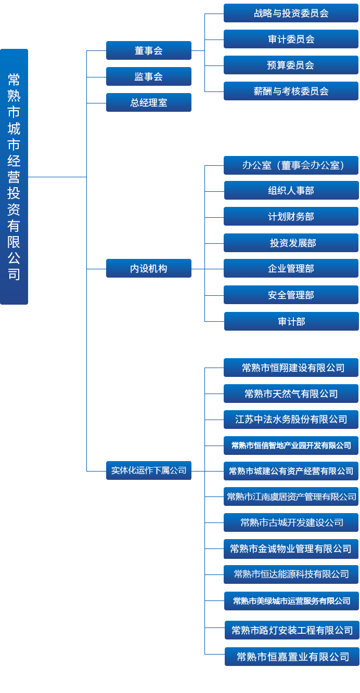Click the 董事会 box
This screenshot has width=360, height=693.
coord(149,50)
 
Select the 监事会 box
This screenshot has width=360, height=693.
coord(149,76)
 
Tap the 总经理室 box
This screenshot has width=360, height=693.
coord(149,102)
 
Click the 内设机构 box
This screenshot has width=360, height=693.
coord(149,268)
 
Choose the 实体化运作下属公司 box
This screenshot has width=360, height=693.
coord(149,470)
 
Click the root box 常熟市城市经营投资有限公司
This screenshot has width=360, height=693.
coord(14,177)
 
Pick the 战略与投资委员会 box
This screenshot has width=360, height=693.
coord(291,13)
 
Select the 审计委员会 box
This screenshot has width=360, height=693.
coord(291,39)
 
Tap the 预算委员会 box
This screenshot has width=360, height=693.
coord(291,65)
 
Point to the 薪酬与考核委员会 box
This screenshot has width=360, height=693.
coord(291,91)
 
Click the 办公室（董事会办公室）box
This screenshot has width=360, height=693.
coord(291,165)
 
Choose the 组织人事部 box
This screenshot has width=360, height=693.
coord(291,190)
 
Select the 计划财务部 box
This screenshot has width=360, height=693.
coord(291,216)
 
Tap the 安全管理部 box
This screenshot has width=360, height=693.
coord(291,295)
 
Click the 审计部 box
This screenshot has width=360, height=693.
coord(291,321)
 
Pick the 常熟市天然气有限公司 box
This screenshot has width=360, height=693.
coord(291,394)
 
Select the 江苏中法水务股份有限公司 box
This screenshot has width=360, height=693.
coord(291,419)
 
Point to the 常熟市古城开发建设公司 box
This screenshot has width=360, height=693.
coord(291,522)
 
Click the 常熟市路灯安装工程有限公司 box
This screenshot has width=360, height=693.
coord(292,630)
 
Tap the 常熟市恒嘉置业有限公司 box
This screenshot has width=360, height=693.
coord(292,657)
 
